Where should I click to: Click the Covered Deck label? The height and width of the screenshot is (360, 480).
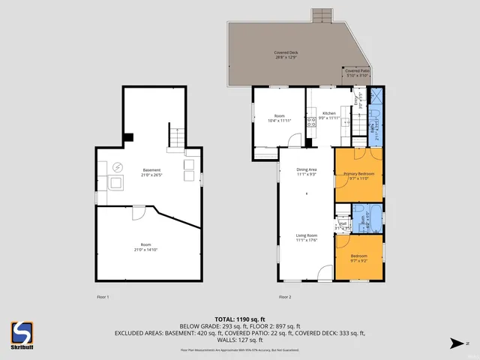point(286,55)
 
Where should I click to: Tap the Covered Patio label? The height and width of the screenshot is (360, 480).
point(356,72)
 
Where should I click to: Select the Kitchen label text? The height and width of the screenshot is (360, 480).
point(329,115)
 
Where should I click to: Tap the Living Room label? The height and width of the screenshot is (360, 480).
point(306,238)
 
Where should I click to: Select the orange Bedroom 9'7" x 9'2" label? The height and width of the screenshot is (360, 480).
point(358,259)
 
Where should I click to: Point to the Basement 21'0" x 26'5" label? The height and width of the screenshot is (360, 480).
point(151,172)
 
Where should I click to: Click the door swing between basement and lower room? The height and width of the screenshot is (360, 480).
point(139,213)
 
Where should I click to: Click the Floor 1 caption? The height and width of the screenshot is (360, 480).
point(103,298)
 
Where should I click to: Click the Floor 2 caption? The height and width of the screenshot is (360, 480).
point(285,298)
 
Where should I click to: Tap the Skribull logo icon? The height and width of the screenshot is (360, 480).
point(21,330)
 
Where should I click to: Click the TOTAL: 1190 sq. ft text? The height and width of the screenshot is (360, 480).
point(239,319)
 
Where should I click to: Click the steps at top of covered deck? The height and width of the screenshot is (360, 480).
point(321,15)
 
